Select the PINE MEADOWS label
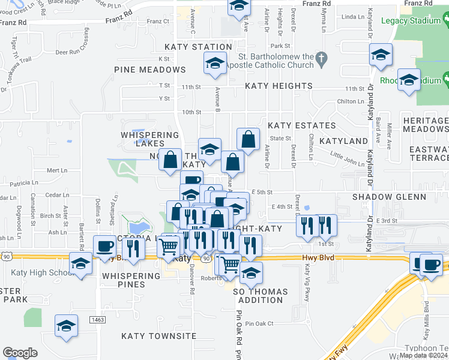(x=150, y=70)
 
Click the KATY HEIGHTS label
(x=278, y=86)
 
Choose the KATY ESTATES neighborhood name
(x=301, y=125)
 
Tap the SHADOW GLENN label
(x=389, y=197)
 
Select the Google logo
(x=20, y=353)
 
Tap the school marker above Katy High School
(x=80, y=262)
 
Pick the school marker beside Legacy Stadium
(x=381, y=55)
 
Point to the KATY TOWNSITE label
(x=158, y=336)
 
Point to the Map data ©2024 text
(x=423, y=355)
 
